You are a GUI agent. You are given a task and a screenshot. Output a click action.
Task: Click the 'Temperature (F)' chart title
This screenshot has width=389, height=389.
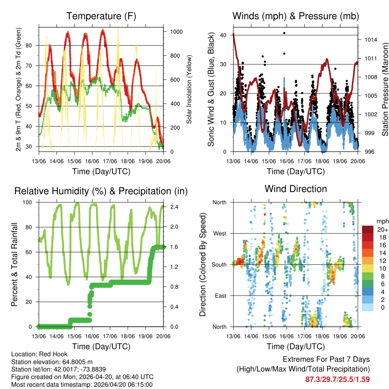pyautogui.click(x=101, y=16)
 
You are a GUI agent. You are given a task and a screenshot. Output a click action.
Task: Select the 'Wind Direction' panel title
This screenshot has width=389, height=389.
pyautogui.click(x=296, y=188)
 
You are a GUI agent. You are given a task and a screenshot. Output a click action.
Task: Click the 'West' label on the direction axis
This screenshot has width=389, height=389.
pyautogui.click(x=220, y=233)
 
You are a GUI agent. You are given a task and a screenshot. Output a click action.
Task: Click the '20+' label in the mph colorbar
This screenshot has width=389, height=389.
pyautogui.click(x=383, y=230)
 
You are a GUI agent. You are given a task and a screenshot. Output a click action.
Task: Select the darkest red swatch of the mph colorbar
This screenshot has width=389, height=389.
pyautogui.click(x=368, y=229)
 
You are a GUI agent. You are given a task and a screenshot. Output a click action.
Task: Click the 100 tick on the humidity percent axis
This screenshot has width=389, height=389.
pyautogui.click(x=30, y=202)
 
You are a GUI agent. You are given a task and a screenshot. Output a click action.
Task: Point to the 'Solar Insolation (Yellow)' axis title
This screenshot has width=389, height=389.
pyautogui.click(x=189, y=89)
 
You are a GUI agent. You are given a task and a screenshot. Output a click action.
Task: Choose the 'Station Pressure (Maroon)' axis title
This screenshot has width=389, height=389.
pyautogui.click(x=385, y=89)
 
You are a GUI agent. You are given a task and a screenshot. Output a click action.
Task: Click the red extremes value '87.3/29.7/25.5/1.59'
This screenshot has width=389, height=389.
pyautogui.click(x=337, y=379)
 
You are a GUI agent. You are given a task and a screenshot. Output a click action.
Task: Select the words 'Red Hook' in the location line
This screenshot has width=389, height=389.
pyautogui.click(x=49, y=354)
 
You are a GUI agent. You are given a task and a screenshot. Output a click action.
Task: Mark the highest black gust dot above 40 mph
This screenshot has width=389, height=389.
pyautogui.click(x=284, y=33)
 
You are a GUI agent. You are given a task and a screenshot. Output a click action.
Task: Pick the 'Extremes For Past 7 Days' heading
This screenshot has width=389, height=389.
pyautogui.click(x=326, y=359)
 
